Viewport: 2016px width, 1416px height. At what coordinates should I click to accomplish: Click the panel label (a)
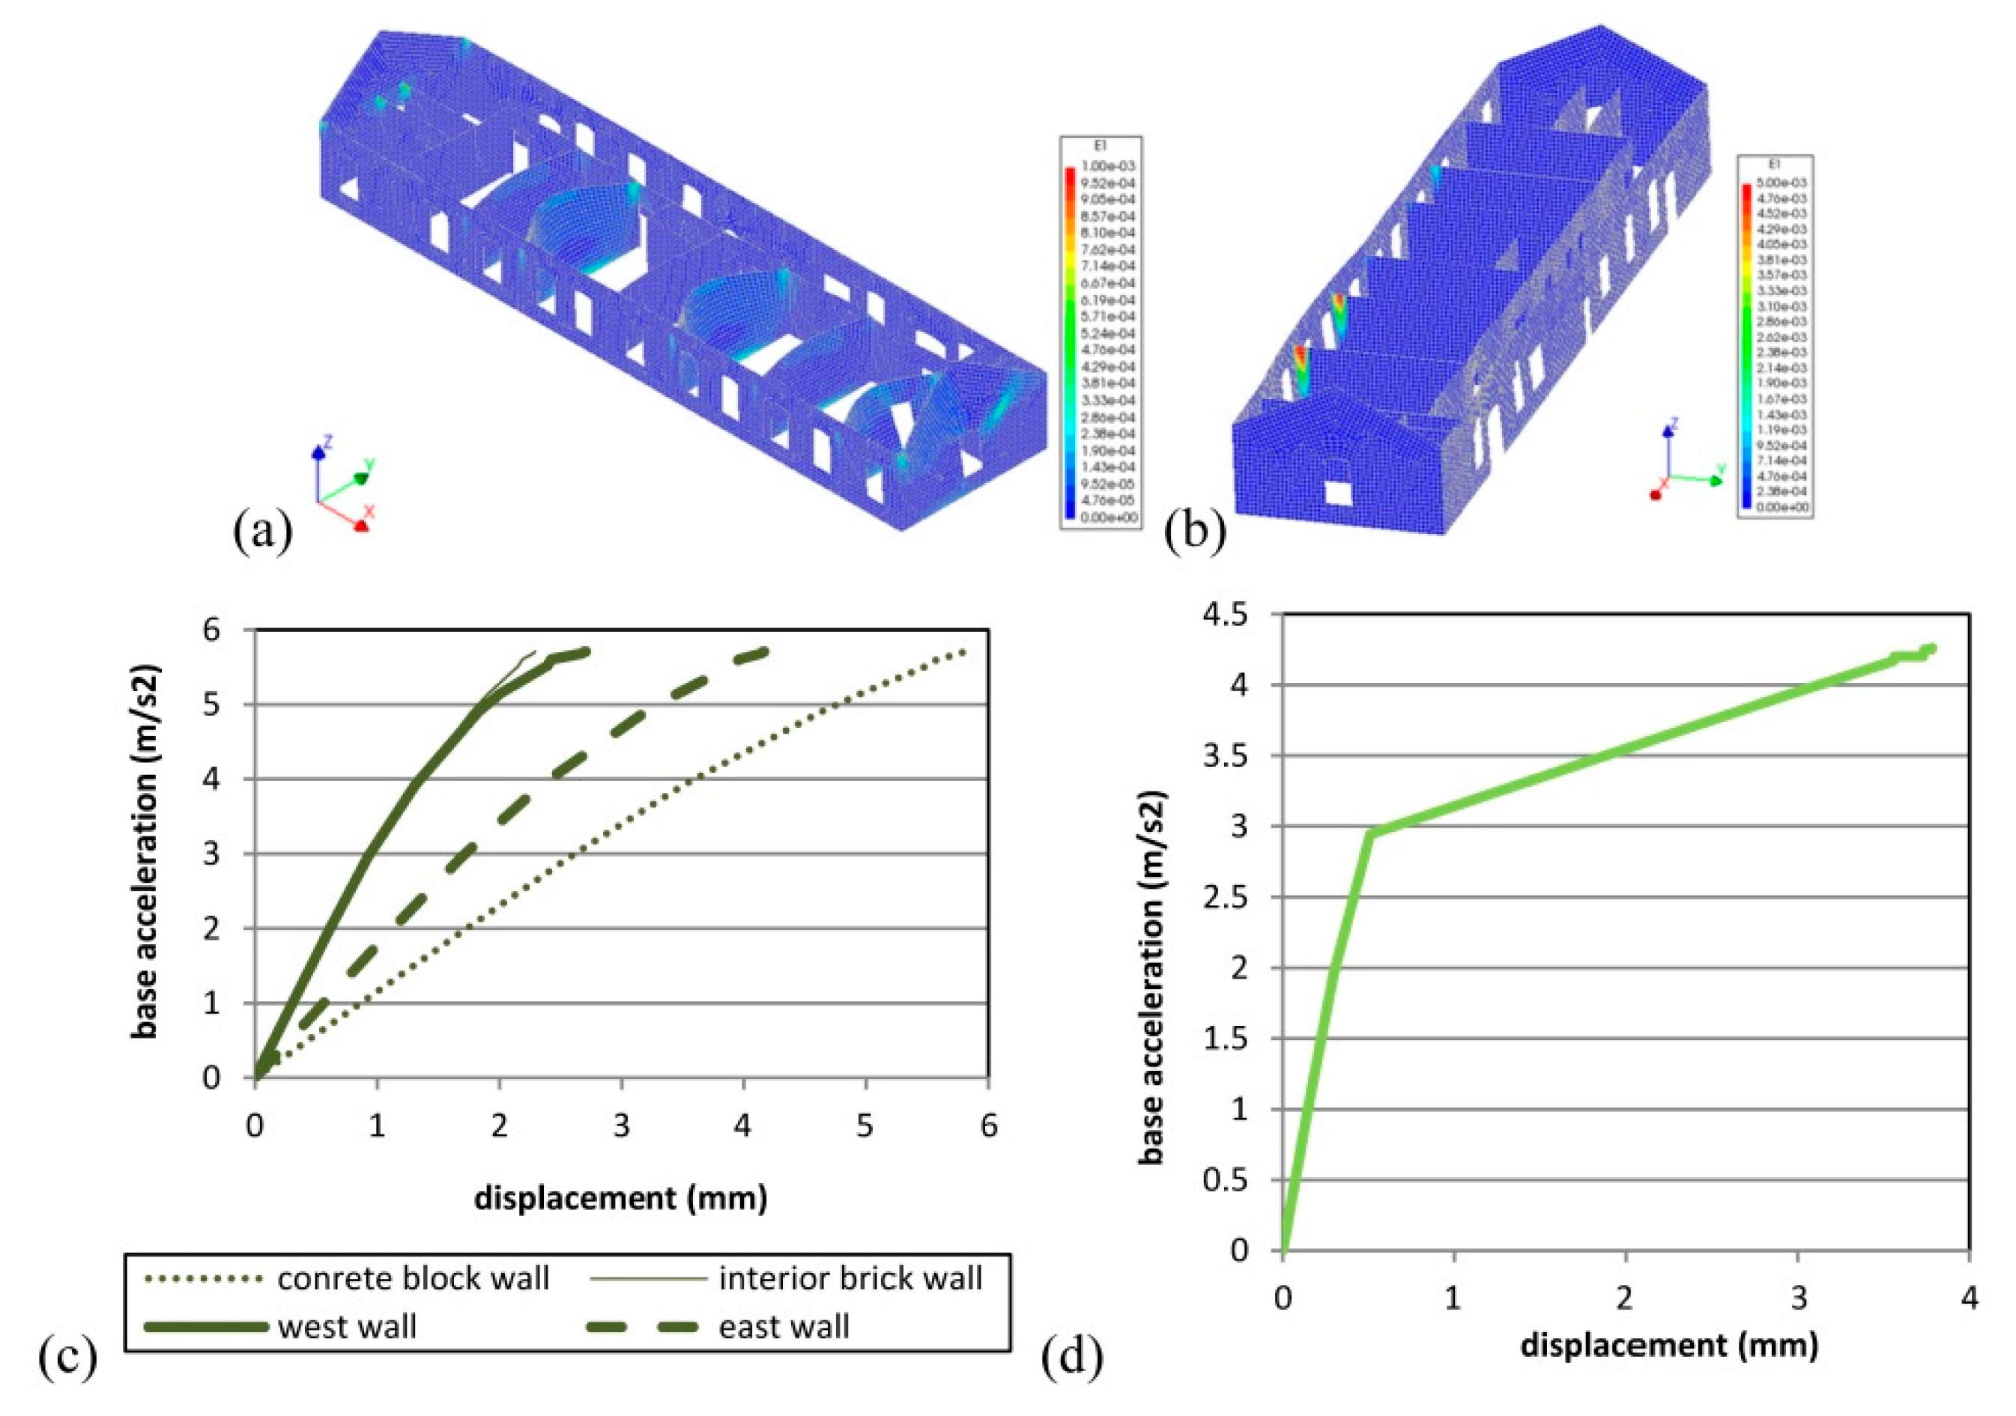[262, 530]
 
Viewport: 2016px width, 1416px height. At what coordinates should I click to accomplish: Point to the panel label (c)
[67, 1356]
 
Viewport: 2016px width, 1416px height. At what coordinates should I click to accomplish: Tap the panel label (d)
[1072, 1356]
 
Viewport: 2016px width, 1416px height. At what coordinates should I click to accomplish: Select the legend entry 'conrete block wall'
[413, 1279]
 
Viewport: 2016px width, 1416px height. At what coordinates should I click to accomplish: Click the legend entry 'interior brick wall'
[849, 1279]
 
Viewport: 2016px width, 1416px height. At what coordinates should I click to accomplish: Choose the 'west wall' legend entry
[347, 1326]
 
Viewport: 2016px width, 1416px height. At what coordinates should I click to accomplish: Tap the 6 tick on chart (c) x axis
[989, 1126]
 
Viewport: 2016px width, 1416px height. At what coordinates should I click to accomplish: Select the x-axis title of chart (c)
[621, 1197]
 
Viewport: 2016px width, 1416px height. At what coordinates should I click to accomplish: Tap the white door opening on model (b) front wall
[1339, 493]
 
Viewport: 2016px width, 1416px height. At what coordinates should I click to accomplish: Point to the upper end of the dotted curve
[965, 651]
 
